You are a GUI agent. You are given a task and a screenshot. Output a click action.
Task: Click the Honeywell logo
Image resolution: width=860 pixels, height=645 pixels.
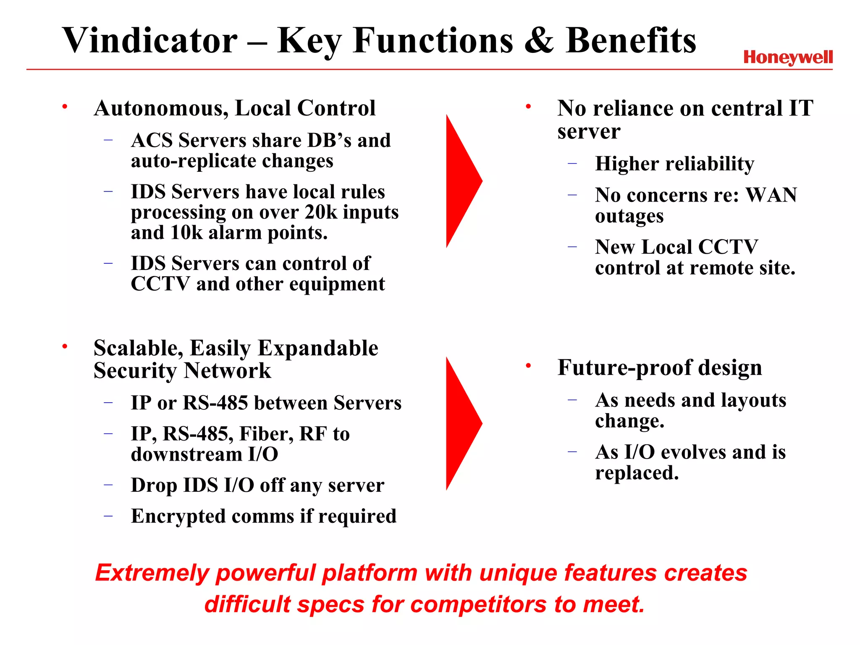(788, 58)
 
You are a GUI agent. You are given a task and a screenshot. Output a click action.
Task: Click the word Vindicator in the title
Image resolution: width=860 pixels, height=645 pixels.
(150, 40)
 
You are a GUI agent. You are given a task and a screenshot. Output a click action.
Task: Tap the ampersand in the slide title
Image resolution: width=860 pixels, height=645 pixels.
(539, 40)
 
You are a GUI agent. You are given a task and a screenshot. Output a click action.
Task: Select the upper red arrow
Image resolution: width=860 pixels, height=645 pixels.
(462, 181)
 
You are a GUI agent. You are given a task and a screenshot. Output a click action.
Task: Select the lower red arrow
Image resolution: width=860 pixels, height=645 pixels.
(462, 423)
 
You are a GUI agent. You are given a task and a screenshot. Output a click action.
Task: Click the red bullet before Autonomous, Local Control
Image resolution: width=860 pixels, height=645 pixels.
(65, 107)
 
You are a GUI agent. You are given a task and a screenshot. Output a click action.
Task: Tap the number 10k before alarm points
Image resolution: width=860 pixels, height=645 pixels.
(186, 233)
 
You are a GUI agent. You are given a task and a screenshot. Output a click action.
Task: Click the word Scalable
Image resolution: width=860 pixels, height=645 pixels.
(138, 349)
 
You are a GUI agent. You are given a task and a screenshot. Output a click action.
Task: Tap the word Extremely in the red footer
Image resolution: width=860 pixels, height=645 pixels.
(152, 573)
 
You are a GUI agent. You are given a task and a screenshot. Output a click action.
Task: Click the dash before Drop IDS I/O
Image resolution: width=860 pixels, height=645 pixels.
(108, 485)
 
